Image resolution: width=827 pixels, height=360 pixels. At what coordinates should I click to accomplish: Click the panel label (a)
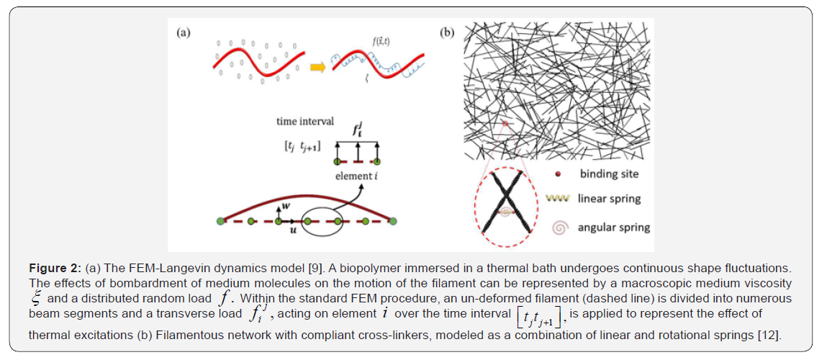coord(184,33)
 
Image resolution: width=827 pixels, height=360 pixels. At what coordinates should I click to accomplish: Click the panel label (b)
coord(447,33)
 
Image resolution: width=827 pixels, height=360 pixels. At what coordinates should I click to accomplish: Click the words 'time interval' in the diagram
coord(305,121)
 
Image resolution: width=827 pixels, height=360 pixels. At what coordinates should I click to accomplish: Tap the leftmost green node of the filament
coord(221,220)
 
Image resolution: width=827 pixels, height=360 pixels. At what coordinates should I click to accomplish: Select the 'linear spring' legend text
coord(610,198)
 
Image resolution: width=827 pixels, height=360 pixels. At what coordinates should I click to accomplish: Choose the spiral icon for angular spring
coord(559,228)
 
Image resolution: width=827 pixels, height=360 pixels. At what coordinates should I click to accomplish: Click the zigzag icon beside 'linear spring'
coord(559,198)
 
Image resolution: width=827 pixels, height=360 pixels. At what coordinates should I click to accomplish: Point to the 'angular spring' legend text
coord(614,228)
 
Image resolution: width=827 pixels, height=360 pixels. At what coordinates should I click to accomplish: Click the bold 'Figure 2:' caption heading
coord(57,269)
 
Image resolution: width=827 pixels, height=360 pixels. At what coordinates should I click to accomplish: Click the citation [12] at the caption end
coord(765,336)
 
